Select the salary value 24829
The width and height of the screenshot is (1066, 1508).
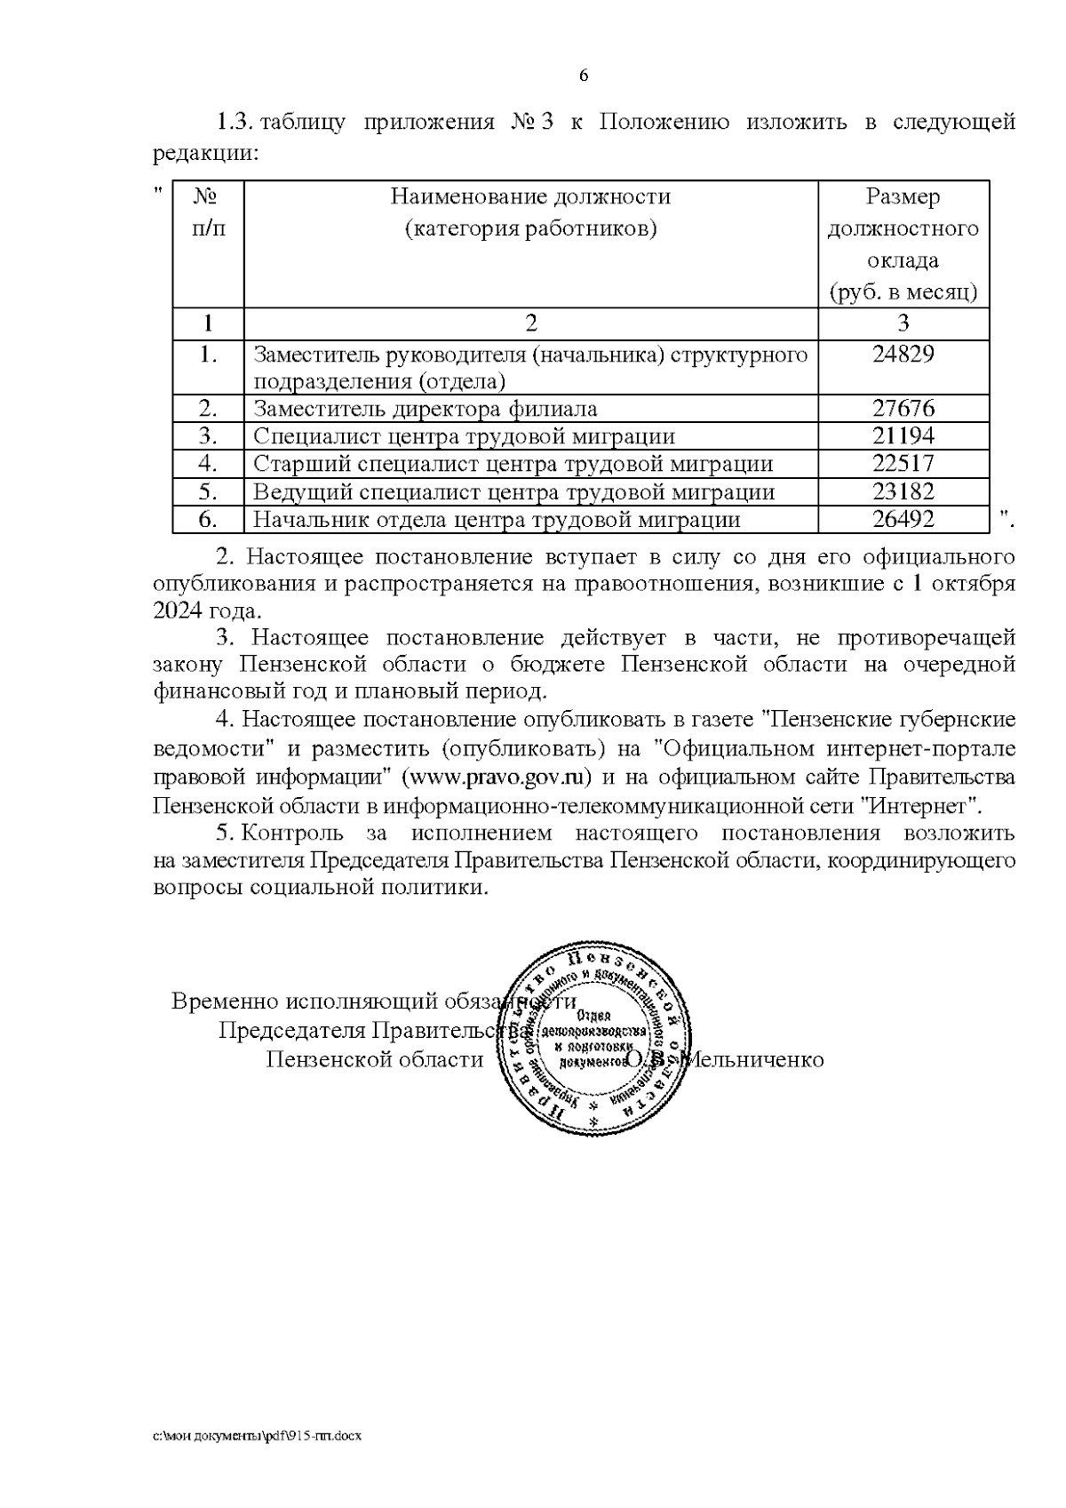click(x=903, y=354)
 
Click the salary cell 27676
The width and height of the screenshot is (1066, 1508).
click(x=903, y=409)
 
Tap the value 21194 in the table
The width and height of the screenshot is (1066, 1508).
click(x=903, y=436)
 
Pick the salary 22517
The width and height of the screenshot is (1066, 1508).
click(x=903, y=464)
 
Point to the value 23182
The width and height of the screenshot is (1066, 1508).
click(x=903, y=492)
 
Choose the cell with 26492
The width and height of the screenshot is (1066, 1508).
click(x=903, y=520)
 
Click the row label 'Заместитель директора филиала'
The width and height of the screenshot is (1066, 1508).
click(x=425, y=409)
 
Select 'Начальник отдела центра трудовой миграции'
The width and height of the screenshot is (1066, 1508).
click(x=497, y=520)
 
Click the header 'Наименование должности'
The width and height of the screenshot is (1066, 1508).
click(x=530, y=196)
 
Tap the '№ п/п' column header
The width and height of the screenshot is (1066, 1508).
click(x=208, y=212)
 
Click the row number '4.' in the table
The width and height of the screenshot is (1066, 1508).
click(x=208, y=464)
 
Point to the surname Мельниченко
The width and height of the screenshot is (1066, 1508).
click(x=757, y=1060)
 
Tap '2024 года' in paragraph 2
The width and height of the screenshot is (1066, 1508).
click(x=208, y=611)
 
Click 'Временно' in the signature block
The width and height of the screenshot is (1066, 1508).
click(x=225, y=1001)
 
